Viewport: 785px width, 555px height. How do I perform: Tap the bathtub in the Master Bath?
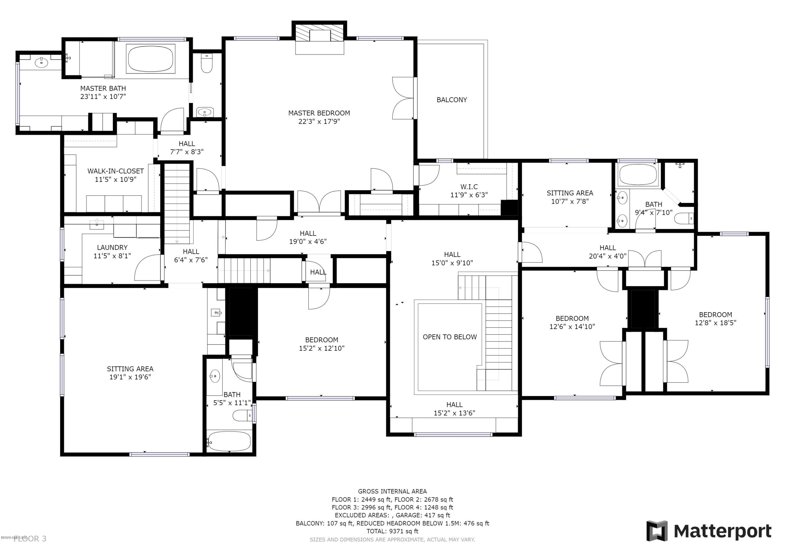150,59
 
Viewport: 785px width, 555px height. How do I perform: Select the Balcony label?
452,100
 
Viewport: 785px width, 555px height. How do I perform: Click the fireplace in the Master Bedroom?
320,38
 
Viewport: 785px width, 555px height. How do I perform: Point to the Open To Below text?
450,337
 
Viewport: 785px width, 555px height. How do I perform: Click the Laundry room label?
112,247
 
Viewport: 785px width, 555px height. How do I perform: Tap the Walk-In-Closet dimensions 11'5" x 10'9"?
116,179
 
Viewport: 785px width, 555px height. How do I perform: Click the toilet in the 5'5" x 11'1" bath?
241,416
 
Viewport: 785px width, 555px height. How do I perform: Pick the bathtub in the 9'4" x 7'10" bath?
638,175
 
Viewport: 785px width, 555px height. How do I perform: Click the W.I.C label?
469,187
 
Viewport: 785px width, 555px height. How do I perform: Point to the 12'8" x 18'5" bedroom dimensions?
715,322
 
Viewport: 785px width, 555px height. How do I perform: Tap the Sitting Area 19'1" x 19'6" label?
130,369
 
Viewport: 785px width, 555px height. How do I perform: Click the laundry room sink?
97,225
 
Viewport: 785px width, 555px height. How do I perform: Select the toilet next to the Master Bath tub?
206,64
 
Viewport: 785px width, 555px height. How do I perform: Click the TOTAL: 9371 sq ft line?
392,531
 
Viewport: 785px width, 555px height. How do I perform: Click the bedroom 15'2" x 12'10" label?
321,340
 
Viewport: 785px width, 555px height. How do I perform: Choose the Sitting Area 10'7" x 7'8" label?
570,193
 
